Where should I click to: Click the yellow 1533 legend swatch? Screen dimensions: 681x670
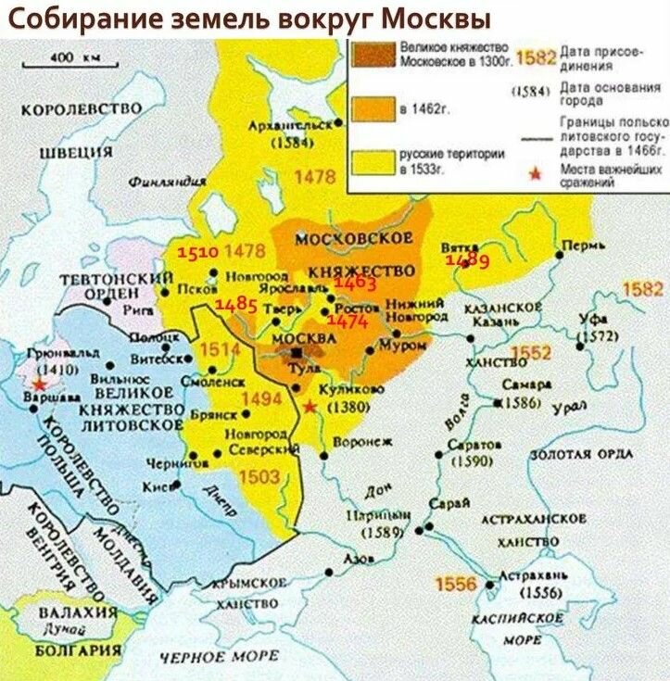pyautogui.click(x=372, y=159)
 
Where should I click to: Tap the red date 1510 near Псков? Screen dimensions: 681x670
pyautogui.click(x=197, y=251)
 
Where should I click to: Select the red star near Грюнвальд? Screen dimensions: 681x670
pyautogui.click(x=37, y=384)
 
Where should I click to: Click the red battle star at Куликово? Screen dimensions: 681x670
pyautogui.click(x=309, y=406)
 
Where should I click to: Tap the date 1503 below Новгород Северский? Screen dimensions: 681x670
pyautogui.click(x=259, y=475)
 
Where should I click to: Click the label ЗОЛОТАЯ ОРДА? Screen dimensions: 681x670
pyautogui.click(x=582, y=453)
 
